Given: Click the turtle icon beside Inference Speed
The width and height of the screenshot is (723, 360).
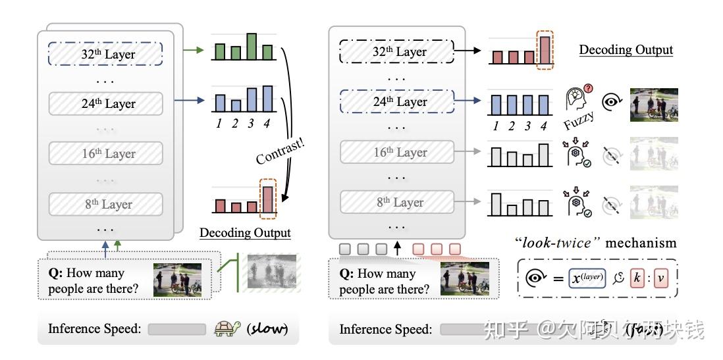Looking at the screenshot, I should point(228,328).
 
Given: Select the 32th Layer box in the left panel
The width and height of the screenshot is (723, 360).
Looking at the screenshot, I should point(105,54).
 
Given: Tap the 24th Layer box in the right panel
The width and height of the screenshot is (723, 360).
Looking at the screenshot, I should point(396,102).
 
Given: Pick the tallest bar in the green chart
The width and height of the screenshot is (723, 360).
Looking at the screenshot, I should point(252,45).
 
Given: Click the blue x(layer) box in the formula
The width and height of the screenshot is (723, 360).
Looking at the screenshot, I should point(586,278).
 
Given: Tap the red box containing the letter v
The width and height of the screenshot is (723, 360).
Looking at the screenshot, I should point(662,278).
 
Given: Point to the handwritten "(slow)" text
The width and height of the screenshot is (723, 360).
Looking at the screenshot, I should point(267,328).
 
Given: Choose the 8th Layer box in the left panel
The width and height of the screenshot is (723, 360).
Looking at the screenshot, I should point(105,204).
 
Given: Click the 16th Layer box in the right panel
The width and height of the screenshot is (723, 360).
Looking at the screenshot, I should point(396,153).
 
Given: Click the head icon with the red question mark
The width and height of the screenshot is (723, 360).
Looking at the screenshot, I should point(577,99).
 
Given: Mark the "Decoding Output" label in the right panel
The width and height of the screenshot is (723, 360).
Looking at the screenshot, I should point(626,50).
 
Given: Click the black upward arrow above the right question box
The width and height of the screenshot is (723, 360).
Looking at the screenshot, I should point(396,249).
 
